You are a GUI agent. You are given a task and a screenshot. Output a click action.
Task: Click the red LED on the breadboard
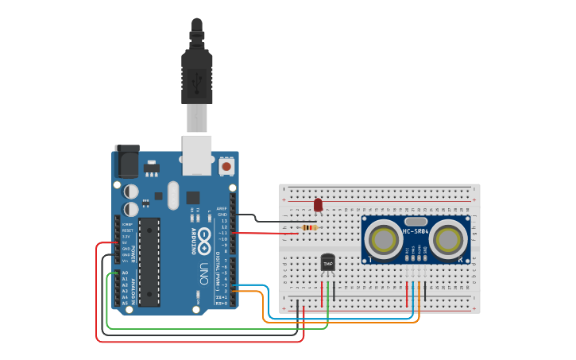pos(318,205)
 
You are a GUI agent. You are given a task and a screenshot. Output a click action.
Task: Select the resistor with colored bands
pos(309,227)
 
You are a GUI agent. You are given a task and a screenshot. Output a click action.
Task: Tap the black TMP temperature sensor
pos(327,262)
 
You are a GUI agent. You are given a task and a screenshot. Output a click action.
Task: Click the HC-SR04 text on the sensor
pos(416,231)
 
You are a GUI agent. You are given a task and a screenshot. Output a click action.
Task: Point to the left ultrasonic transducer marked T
pos(385,237)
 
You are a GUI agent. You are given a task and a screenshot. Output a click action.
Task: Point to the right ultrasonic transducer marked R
pos(450,237)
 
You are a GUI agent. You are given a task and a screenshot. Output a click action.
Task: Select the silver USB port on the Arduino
pos(196,154)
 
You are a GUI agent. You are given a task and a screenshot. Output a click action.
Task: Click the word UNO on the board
pos(203,269)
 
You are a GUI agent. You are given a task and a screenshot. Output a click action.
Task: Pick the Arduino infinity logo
pos(203,238)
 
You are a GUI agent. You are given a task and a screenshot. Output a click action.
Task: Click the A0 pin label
pos(125,273)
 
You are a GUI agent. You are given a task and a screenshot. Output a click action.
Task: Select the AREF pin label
pos(222,208)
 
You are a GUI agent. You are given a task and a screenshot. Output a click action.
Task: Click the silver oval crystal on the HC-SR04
pos(416,222)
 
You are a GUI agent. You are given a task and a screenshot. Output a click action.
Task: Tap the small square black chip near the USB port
pos(193,197)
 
